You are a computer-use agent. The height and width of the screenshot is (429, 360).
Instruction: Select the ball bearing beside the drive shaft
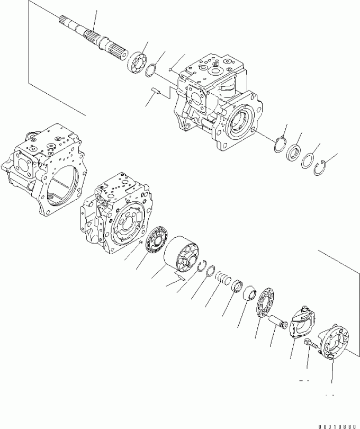[137, 63]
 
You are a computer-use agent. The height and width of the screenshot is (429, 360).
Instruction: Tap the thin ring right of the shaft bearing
[151, 71]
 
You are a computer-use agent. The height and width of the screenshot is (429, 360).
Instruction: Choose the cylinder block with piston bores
[182, 254]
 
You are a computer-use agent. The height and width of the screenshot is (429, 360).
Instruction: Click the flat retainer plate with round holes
[266, 302]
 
